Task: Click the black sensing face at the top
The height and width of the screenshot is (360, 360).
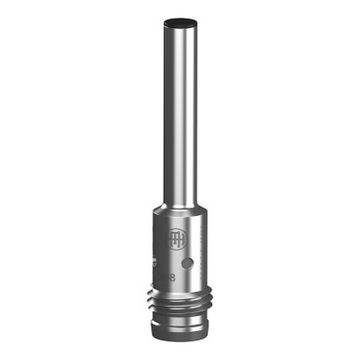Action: coord(180,20)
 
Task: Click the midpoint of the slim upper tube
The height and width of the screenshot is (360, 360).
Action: coord(180,112)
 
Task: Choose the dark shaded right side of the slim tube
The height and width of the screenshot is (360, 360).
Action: coord(194,112)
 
